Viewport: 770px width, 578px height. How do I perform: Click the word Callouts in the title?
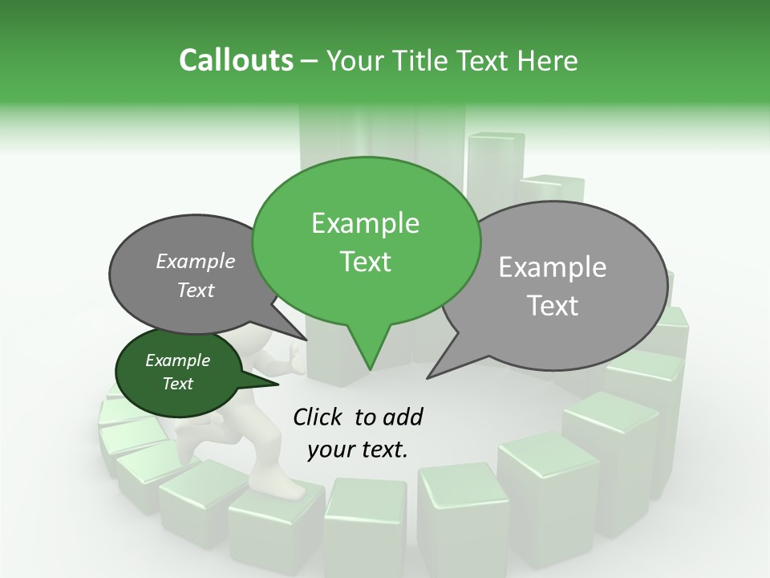tap(236, 61)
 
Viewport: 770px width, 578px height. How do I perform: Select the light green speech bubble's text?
tap(366, 242)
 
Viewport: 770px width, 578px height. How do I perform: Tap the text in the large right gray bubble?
tap(553, 286)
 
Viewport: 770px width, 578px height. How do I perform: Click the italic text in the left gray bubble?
tap(196, 275)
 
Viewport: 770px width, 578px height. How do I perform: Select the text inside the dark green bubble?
tap(177, 372)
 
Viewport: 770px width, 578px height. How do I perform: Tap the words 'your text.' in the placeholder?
tap(357, 450)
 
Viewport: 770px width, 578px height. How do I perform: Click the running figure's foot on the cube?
tap(277, 486)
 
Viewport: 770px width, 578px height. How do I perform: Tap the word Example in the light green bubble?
tap(366, 223)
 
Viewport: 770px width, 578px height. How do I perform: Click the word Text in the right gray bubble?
tap(553, 305)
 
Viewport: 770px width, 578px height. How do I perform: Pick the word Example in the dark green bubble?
tap(177, 360)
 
